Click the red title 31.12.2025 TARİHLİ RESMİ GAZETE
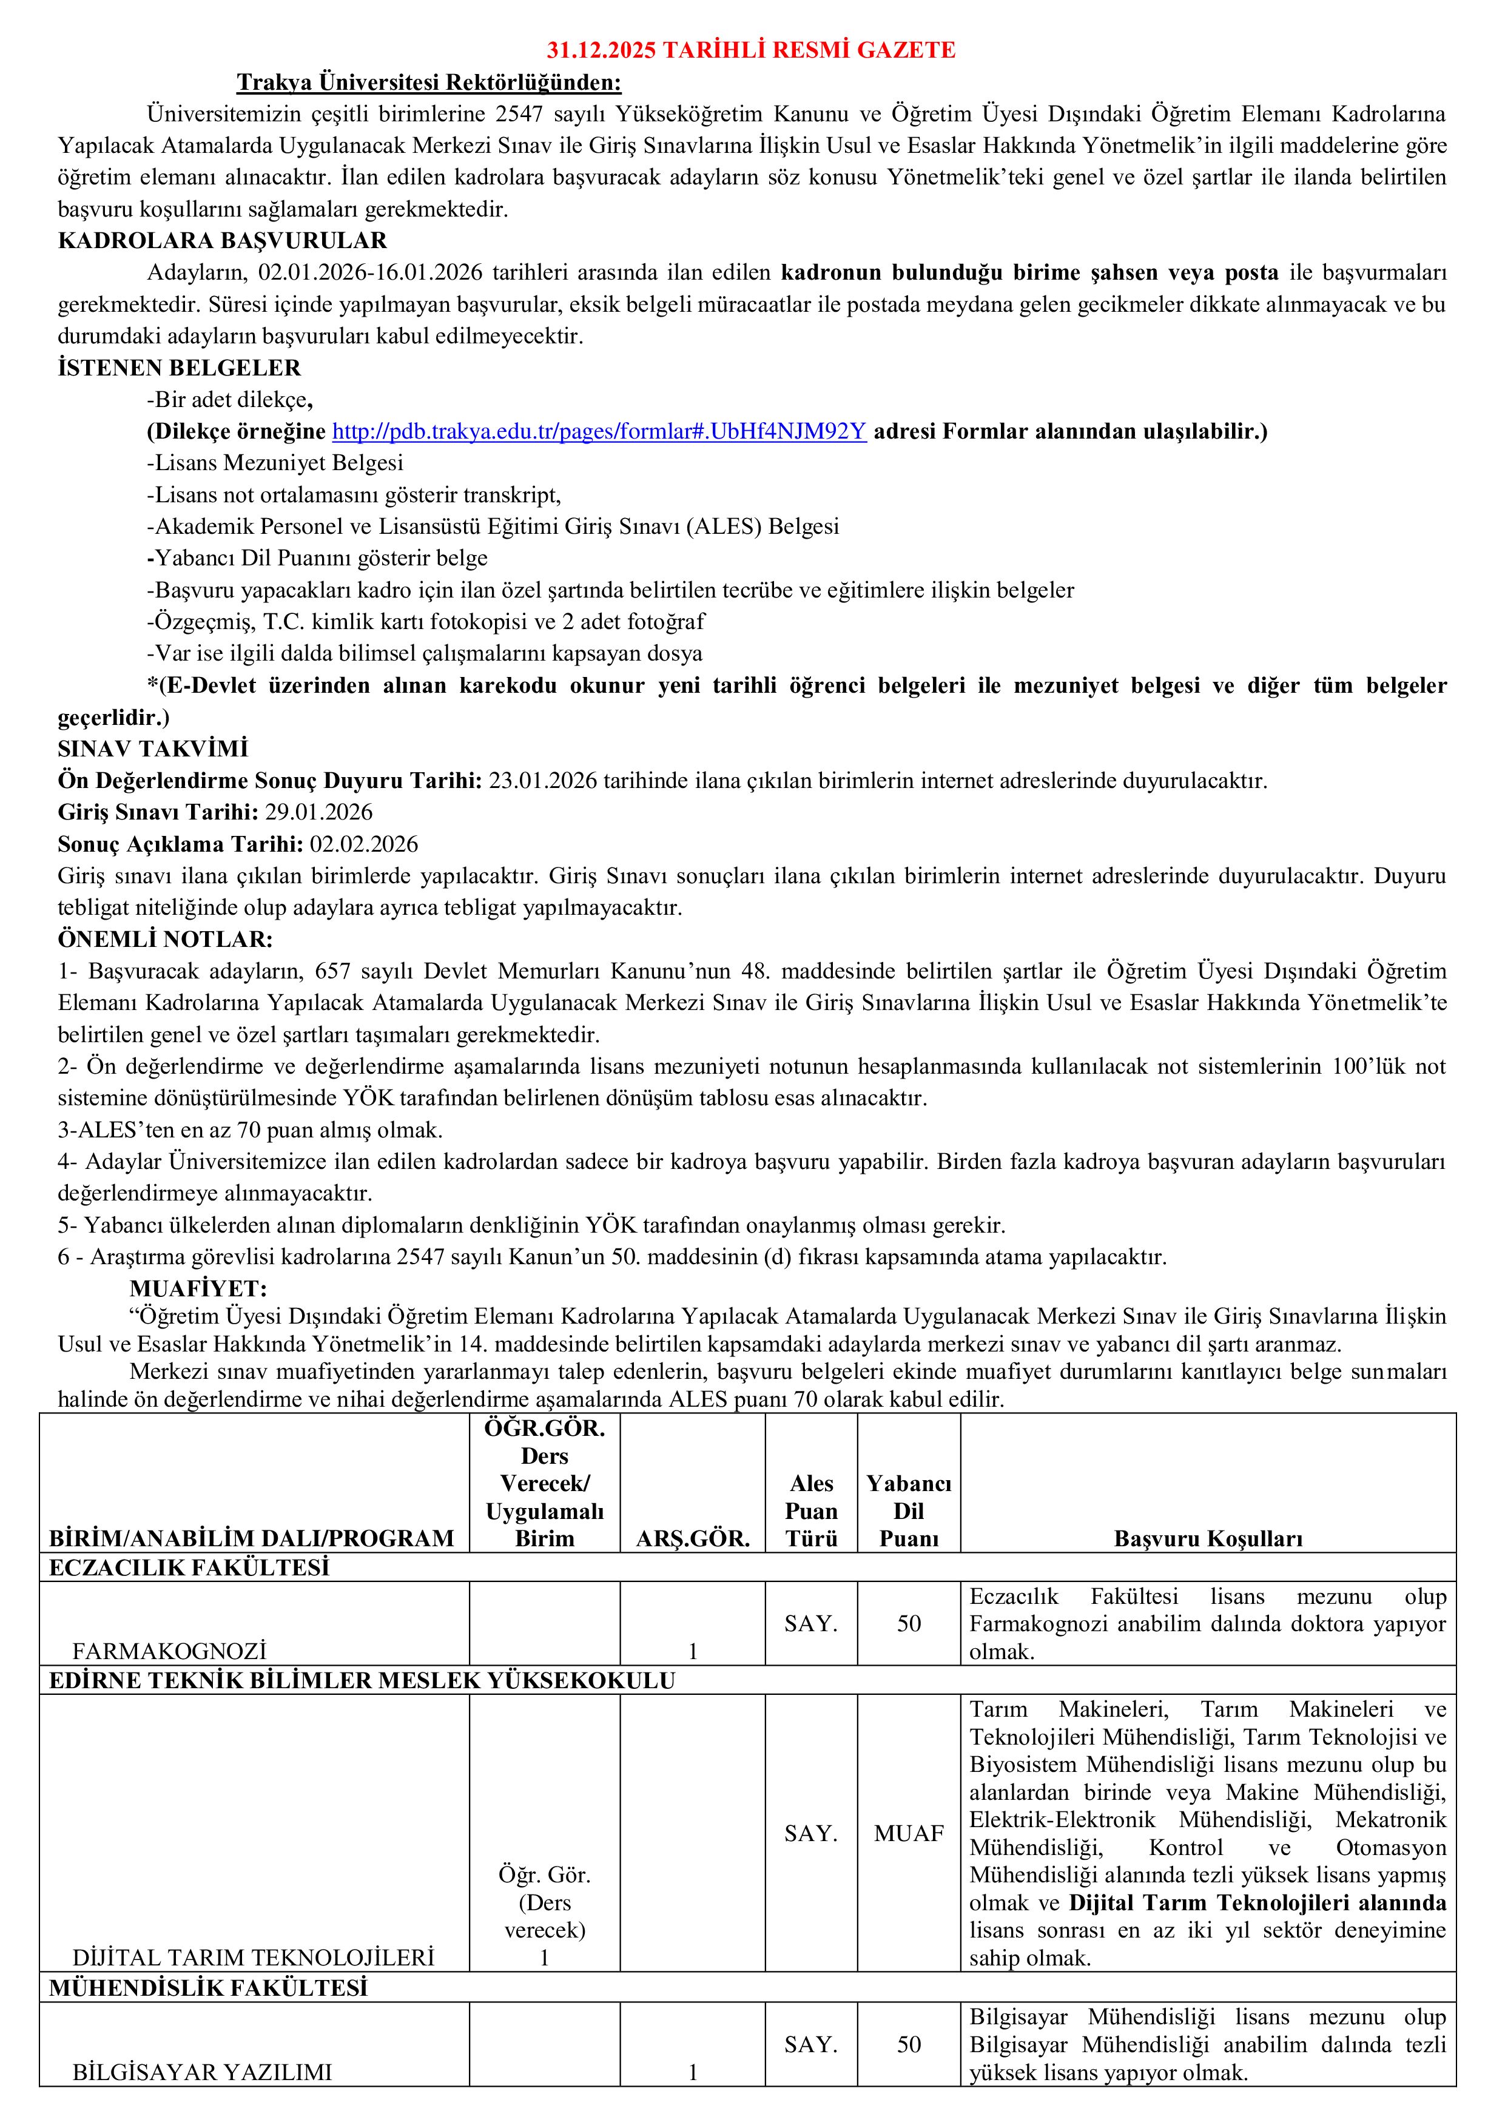coord(750,50)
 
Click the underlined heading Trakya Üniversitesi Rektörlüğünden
coord(429,82)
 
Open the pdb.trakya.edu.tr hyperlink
coord(599,431)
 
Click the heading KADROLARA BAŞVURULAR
coord(223,241)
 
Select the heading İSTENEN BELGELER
coord(179,368)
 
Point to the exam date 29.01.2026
coord(319,812)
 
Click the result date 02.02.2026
coord(364,844)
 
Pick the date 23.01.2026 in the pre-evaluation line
coord(542,780)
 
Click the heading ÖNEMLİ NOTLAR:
coord(165,939)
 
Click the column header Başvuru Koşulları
coord(1208,1538)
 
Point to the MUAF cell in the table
coord(908,1833)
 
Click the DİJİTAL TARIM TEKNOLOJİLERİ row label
coord(253,1958)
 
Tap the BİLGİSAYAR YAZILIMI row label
coord(202,2072)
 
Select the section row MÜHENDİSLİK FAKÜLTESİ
coord(207,1987)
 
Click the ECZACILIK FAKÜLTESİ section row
coord(189,1567)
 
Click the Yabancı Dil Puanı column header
coord(908,1510)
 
